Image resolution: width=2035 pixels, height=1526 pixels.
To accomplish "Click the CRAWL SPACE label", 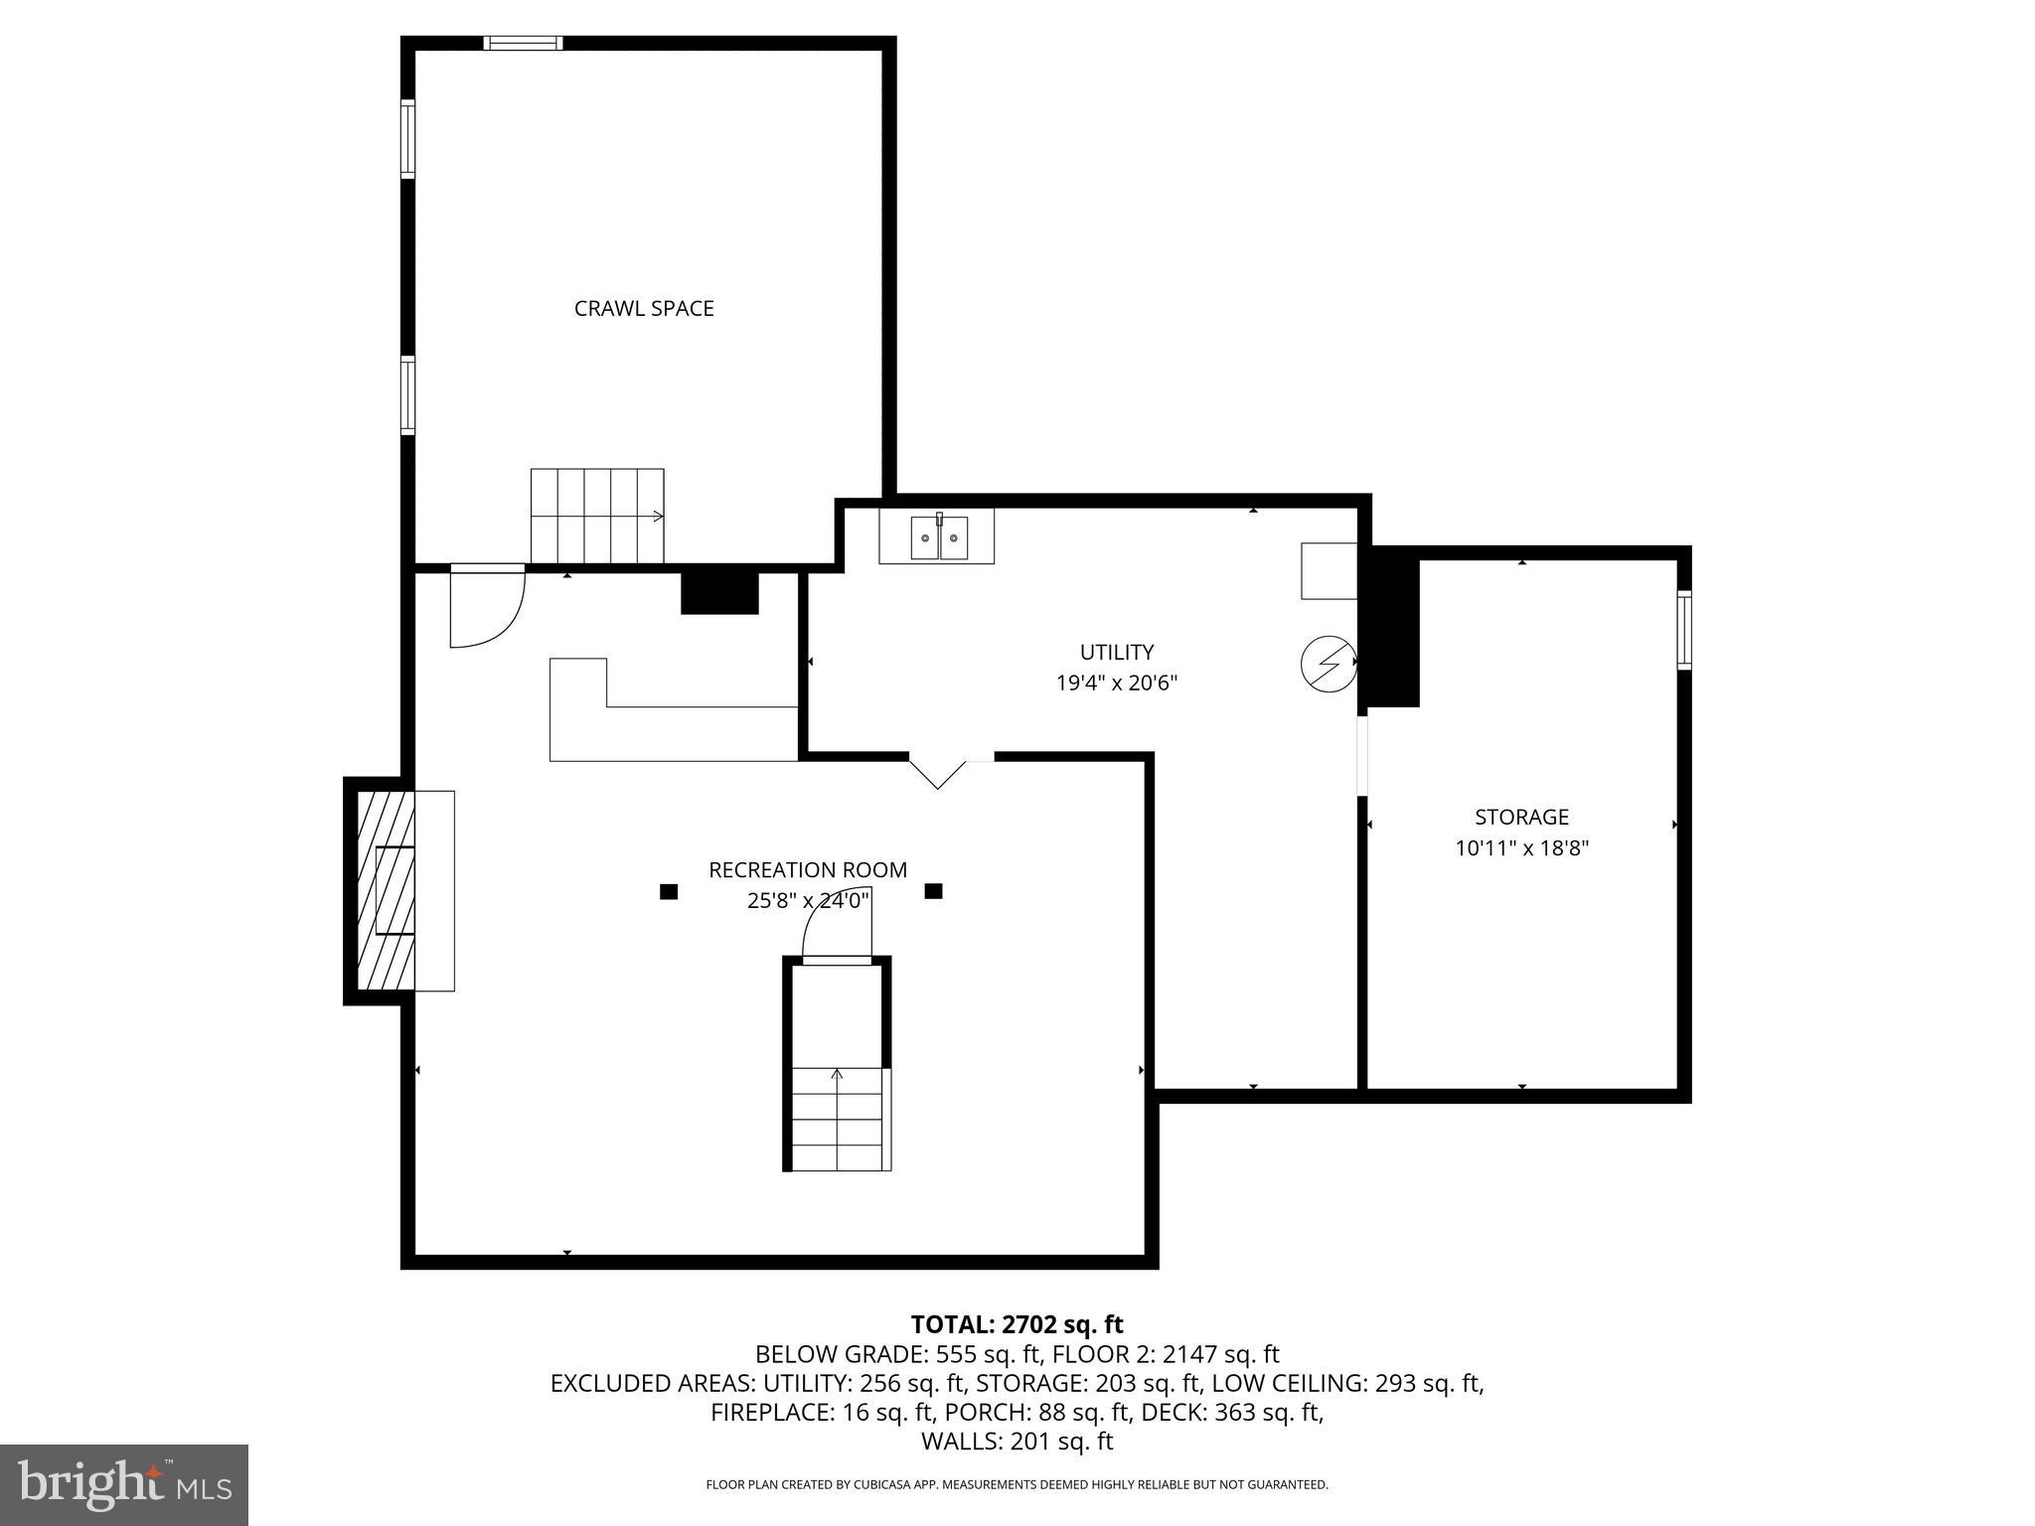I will coord(644,308).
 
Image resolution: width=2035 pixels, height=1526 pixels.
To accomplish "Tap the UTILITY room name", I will coord(1117,652).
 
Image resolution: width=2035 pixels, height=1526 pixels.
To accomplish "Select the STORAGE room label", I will coord(1521,817).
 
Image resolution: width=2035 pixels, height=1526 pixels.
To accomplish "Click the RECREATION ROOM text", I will coord(807,869).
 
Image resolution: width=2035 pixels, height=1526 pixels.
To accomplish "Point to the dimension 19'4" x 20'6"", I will coord(1117,684).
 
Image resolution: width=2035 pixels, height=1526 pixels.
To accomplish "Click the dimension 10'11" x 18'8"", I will coord(1521,848).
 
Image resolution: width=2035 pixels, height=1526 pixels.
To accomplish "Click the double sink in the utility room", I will coord(938,537).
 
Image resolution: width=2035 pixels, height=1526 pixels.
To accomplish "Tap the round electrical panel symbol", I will coord(1329,662).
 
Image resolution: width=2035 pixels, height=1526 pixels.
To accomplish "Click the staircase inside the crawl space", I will coord(596,516).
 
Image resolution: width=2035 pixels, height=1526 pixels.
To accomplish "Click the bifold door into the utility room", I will coord(938,772).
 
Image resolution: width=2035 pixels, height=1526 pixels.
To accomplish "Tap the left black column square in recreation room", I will coord(669,892).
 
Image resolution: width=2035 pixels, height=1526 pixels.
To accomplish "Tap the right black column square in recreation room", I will coord(933,891).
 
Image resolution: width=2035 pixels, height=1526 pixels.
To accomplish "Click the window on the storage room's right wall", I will coord(1684,629).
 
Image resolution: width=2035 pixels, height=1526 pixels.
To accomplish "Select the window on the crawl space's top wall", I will coord(523,43).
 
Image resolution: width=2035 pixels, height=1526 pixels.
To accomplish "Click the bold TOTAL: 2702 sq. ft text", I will coord(1017,1324).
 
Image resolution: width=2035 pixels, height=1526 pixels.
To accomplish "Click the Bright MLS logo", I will coord(124,1484).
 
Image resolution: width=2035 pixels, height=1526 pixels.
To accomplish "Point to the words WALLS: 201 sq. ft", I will coord(1017,1442).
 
